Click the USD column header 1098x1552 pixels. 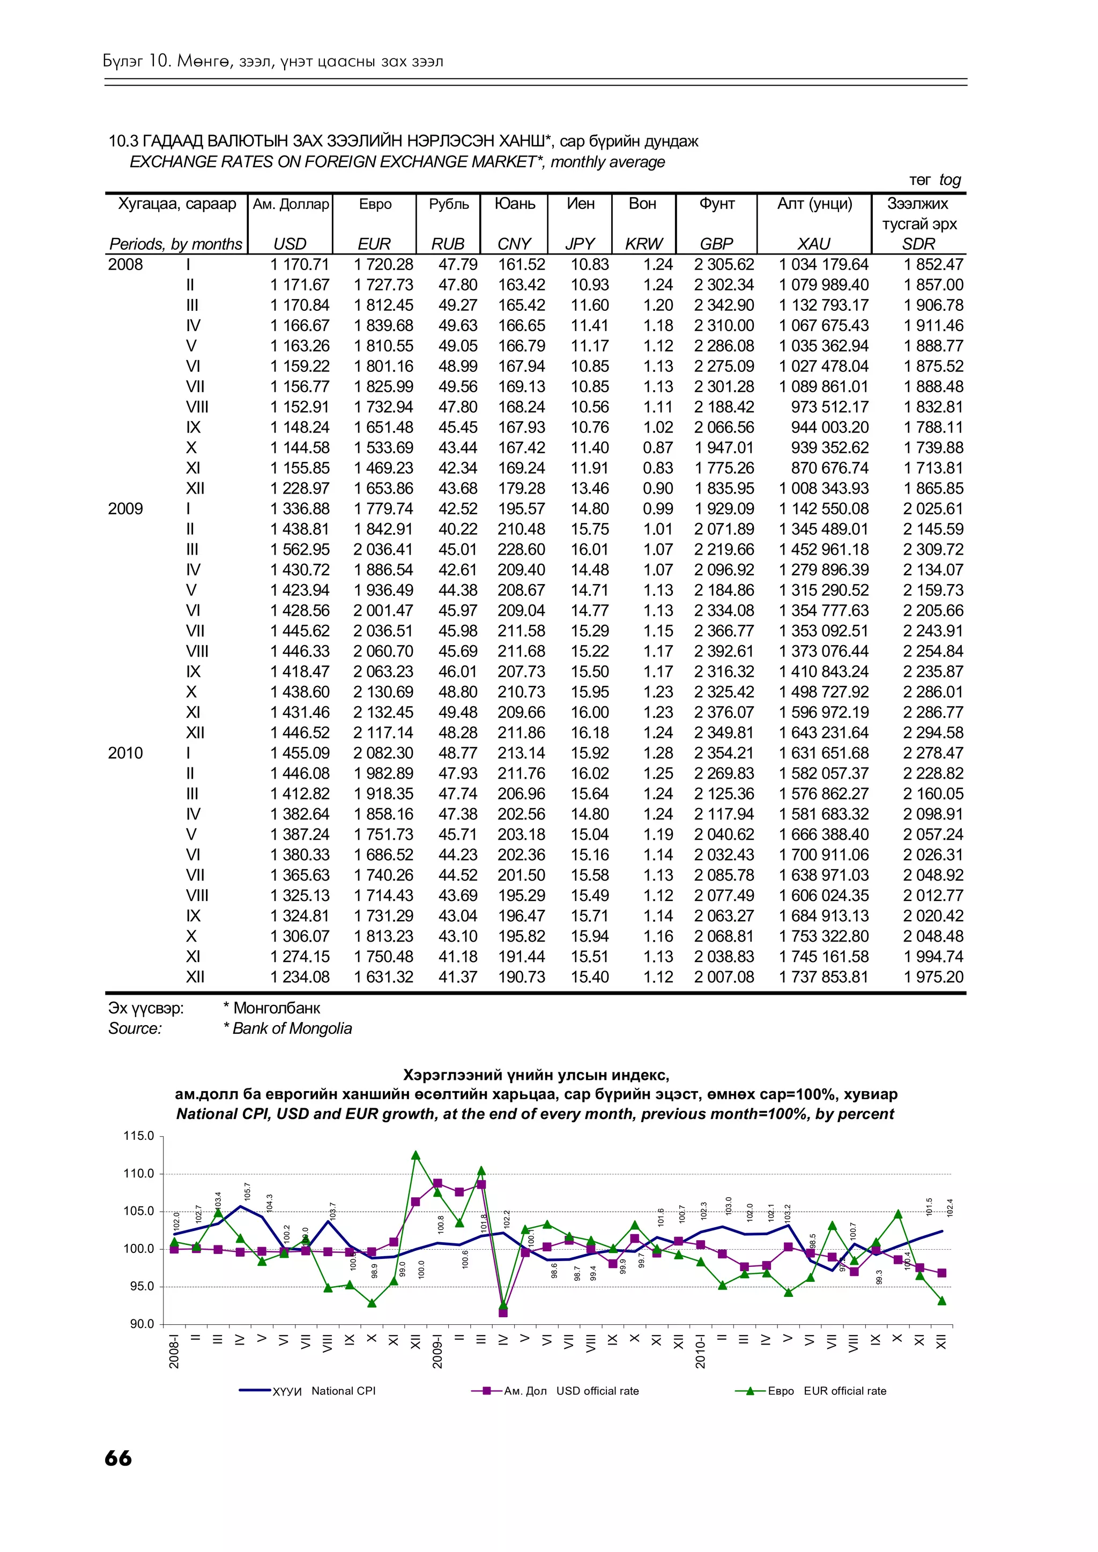290,243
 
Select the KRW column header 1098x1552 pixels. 644,243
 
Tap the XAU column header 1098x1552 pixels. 813,243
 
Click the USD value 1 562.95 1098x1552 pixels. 300,549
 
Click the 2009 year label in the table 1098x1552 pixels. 126,509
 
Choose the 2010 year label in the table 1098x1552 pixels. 126,753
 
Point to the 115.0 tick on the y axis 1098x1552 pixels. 139,1136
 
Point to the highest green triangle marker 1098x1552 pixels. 416,1155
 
